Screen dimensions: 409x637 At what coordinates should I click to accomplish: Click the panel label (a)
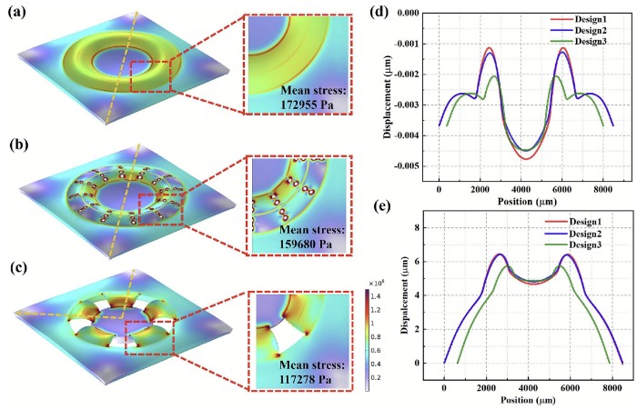point(18,15)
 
